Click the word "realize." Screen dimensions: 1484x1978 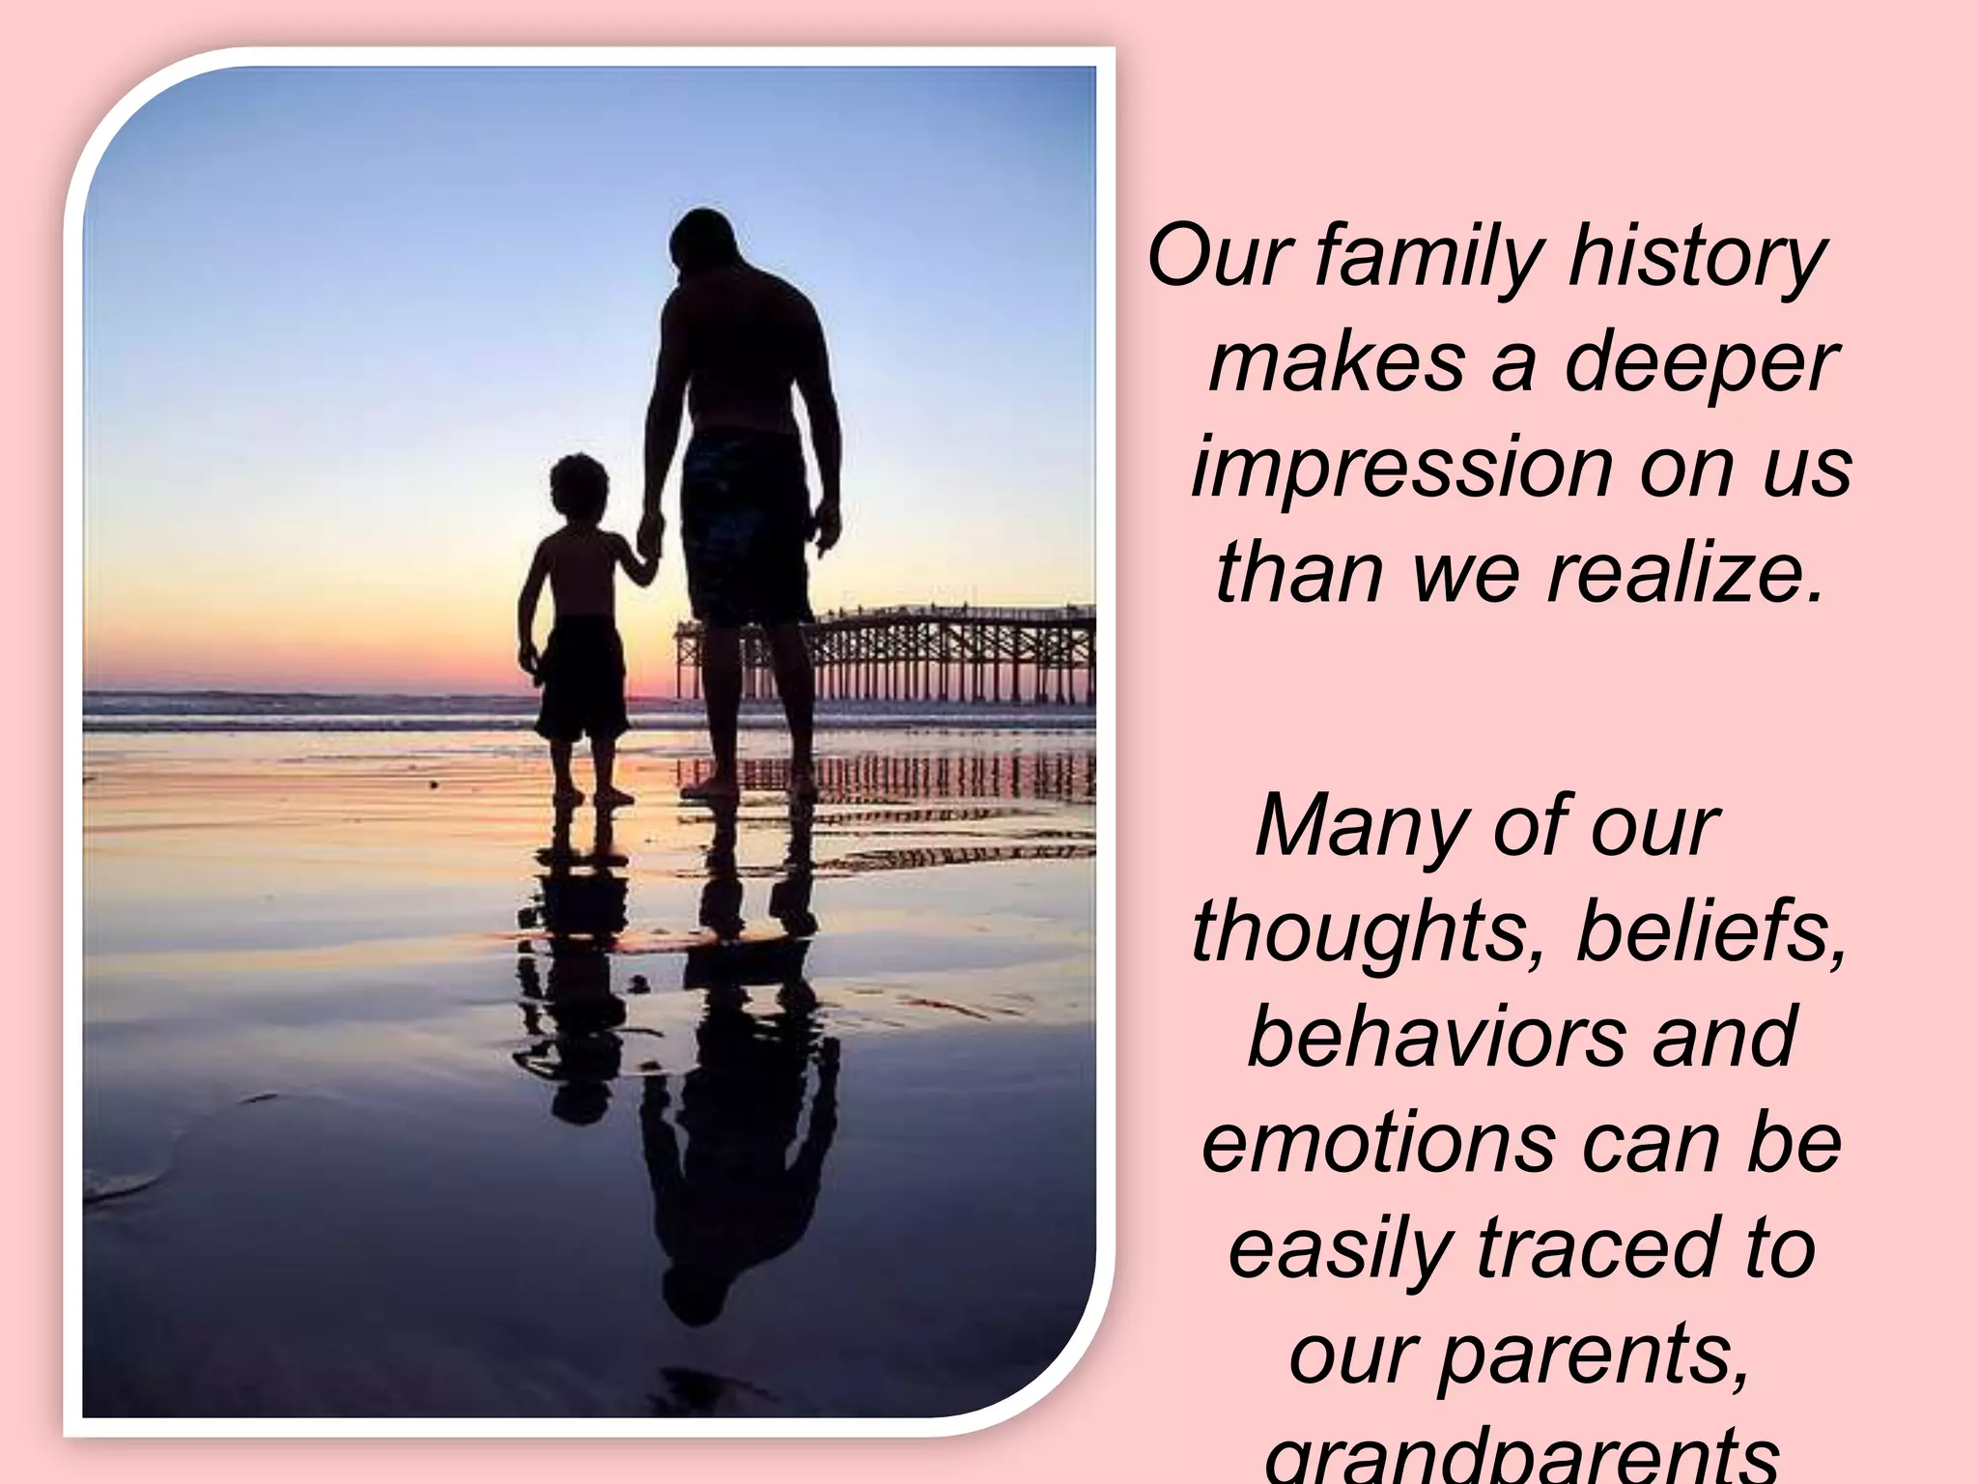click(1685, 572)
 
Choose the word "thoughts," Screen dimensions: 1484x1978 click(1370, 931)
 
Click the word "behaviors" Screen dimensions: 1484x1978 click(1435, 1036)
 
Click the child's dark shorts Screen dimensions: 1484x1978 click(582, 676)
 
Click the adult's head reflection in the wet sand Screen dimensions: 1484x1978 click(697, 1290)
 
